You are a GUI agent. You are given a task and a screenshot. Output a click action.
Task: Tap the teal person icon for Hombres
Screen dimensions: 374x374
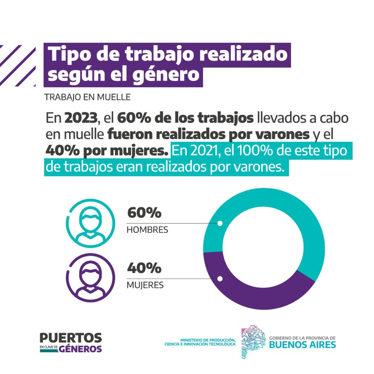coord(90,223)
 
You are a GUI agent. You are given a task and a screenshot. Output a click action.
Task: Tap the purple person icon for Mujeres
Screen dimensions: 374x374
coord(90,278)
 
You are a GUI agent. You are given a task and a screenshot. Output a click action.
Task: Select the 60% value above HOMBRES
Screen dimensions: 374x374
coord(144,212)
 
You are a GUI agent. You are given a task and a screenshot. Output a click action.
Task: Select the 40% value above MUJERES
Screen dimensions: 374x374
coord(144,268)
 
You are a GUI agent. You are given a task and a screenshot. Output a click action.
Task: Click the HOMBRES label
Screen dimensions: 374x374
coord(147,230)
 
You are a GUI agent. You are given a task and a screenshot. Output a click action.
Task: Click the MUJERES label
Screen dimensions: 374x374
coord(145,285)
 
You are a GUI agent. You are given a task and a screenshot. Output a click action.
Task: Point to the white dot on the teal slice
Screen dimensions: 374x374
coord(220,223)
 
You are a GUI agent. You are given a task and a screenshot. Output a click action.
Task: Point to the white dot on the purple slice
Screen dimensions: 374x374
coord(220,279)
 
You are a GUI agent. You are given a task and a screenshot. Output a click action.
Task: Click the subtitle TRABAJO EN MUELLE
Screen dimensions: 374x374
coord(88,97)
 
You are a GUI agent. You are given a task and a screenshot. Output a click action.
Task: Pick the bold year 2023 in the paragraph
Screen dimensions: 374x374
coord(81,118)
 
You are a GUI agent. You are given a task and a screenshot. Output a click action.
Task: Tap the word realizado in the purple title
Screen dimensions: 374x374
coord(244,54)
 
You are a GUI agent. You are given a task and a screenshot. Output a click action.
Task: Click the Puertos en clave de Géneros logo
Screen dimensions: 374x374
coord(71,343)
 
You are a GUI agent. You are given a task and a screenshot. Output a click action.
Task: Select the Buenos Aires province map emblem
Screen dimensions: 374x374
coord(253,342)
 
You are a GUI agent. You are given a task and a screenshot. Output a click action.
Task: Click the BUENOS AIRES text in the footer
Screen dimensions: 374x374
coord(302,345)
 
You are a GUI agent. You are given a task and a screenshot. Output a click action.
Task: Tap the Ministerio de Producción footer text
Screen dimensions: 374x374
coord(200,342)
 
